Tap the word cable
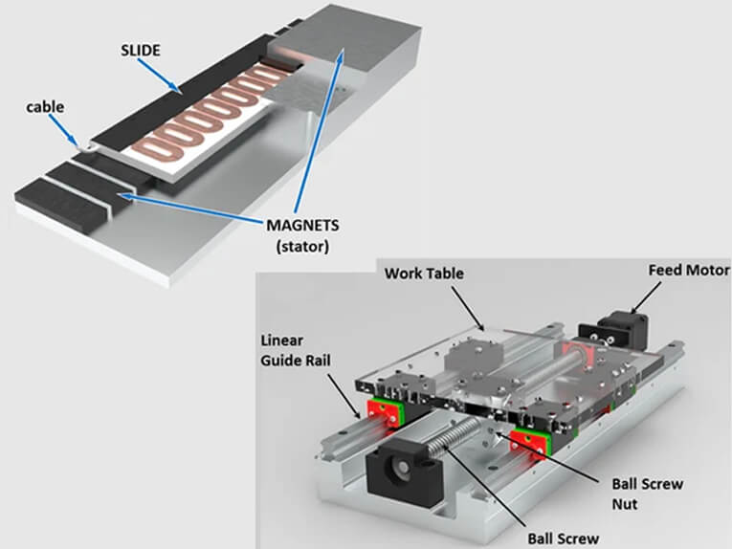coord(45,106)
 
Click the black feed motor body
coord(616,327)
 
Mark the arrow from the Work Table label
coord(469,306)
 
